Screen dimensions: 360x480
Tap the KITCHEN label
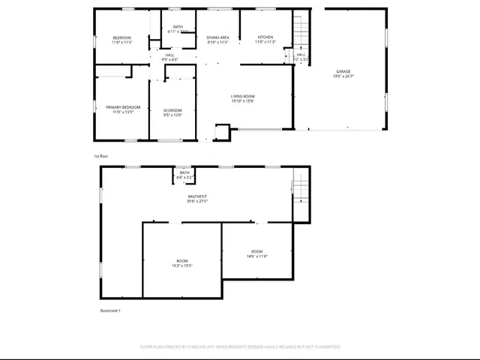coord(265,37)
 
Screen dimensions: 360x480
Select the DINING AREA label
coord(218,37)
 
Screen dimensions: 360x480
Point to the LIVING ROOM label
coord(242,96)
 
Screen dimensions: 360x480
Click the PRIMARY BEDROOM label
coord(123,107)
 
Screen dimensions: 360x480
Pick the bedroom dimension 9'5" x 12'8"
coord(172,115)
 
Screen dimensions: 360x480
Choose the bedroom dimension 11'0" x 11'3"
coord(122,42)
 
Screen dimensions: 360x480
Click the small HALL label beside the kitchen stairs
coord(301,54)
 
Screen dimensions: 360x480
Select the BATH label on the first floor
coord(177,27)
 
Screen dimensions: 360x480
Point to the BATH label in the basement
coord(184,172)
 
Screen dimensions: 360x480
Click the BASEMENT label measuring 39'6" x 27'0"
coord(197,196)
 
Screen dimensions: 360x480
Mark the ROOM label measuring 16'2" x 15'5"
coord(182,260)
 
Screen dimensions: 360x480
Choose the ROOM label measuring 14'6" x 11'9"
coord(257,250)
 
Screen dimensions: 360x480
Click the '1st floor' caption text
coord(101,156)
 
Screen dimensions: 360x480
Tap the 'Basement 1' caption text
coord(110,310)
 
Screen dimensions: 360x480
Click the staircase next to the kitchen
coord(300,30)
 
